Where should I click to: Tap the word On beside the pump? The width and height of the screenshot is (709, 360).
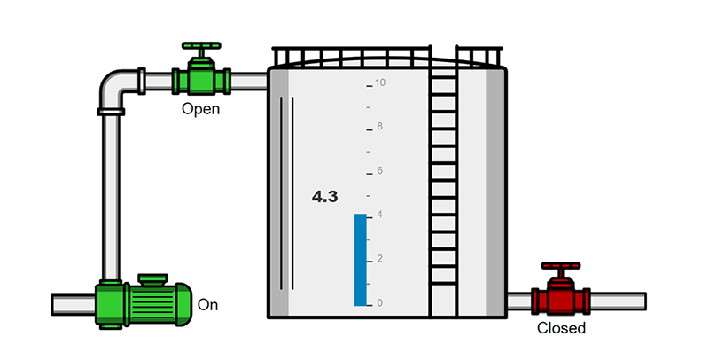(207, 305)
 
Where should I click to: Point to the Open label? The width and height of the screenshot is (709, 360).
(200, 109)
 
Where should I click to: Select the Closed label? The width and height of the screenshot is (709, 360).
(562, 329)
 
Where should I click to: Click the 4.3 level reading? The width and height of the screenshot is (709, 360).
(324, 197)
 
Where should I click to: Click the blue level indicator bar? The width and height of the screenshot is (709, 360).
(360, 260)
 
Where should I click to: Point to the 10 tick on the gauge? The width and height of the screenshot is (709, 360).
(379, 83)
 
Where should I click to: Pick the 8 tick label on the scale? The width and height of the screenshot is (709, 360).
(379, 127)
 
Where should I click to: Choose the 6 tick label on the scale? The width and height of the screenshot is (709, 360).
(379, 170)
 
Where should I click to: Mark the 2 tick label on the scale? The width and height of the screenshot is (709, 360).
(379, 259)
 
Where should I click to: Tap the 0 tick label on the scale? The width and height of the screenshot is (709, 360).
(379, 303)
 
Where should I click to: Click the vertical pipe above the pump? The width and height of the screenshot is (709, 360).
(111, 195)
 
